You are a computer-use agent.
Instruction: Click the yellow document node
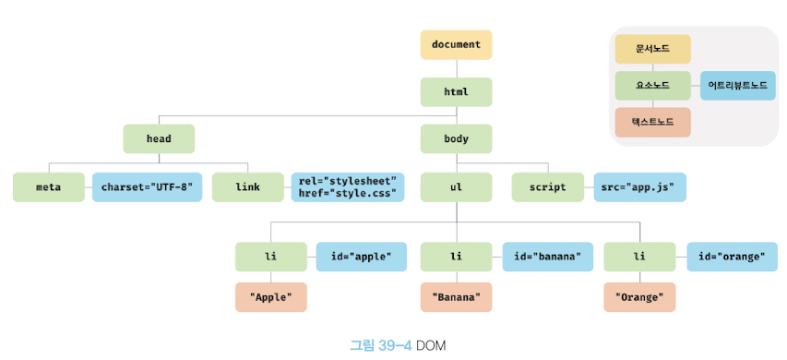pos(457,44)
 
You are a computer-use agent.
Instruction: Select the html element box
pos(457,92)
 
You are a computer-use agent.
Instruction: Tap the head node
pos(159,138)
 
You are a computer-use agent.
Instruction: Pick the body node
pos(457,138)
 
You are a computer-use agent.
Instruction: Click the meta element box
pos(49,187)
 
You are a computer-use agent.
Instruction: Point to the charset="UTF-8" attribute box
pos(147,187)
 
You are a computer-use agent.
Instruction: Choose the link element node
pos(247,187)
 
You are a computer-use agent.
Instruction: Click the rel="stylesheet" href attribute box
pos(348,187)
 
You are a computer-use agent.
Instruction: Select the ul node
pos(457,187)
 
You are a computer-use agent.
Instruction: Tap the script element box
pos(548,187)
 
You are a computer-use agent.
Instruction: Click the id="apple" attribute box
pos(362,257)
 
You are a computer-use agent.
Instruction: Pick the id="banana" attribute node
pos(548,257)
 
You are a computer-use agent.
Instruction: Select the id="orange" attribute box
pos(732,257)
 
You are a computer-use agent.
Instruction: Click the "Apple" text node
pos(271,297)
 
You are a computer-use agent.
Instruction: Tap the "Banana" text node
pos(457,297)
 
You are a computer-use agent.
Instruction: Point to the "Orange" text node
pos(639,297)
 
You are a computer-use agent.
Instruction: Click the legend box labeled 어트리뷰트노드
pos(738,85)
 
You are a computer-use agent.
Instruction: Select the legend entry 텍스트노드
pos(653,122)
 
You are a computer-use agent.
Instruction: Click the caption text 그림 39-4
pos(380,345)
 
